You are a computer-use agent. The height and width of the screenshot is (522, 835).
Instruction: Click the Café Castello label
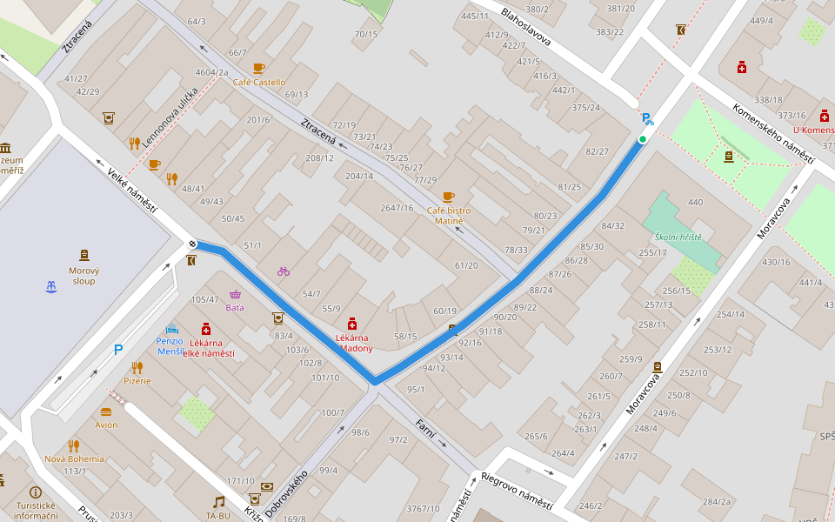258,83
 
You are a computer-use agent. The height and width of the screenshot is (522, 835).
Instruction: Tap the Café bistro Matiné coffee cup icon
448,197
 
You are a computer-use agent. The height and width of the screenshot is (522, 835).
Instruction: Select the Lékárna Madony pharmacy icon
352,323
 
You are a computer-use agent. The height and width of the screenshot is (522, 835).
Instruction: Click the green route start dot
643,139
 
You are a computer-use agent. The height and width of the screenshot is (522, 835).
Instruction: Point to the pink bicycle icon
284,271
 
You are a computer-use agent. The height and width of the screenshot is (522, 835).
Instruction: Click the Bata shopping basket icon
235,294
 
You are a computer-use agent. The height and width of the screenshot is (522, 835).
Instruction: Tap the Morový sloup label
84,276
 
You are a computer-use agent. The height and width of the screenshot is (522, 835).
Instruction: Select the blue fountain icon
50,286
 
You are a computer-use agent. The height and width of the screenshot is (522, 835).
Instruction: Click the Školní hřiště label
678,237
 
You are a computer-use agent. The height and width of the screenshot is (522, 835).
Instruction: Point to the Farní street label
425,428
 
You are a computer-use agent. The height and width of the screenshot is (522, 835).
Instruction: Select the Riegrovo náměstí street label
517,492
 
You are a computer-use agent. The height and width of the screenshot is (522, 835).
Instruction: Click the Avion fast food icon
106,412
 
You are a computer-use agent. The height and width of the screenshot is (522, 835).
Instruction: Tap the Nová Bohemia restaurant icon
74,445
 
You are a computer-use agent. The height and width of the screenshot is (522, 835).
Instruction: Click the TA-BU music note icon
219,501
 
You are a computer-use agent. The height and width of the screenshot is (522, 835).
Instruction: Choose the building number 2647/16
397,208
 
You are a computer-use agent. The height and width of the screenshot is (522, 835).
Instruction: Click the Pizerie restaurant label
137,380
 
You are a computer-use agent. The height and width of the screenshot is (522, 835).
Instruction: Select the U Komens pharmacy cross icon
824,116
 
